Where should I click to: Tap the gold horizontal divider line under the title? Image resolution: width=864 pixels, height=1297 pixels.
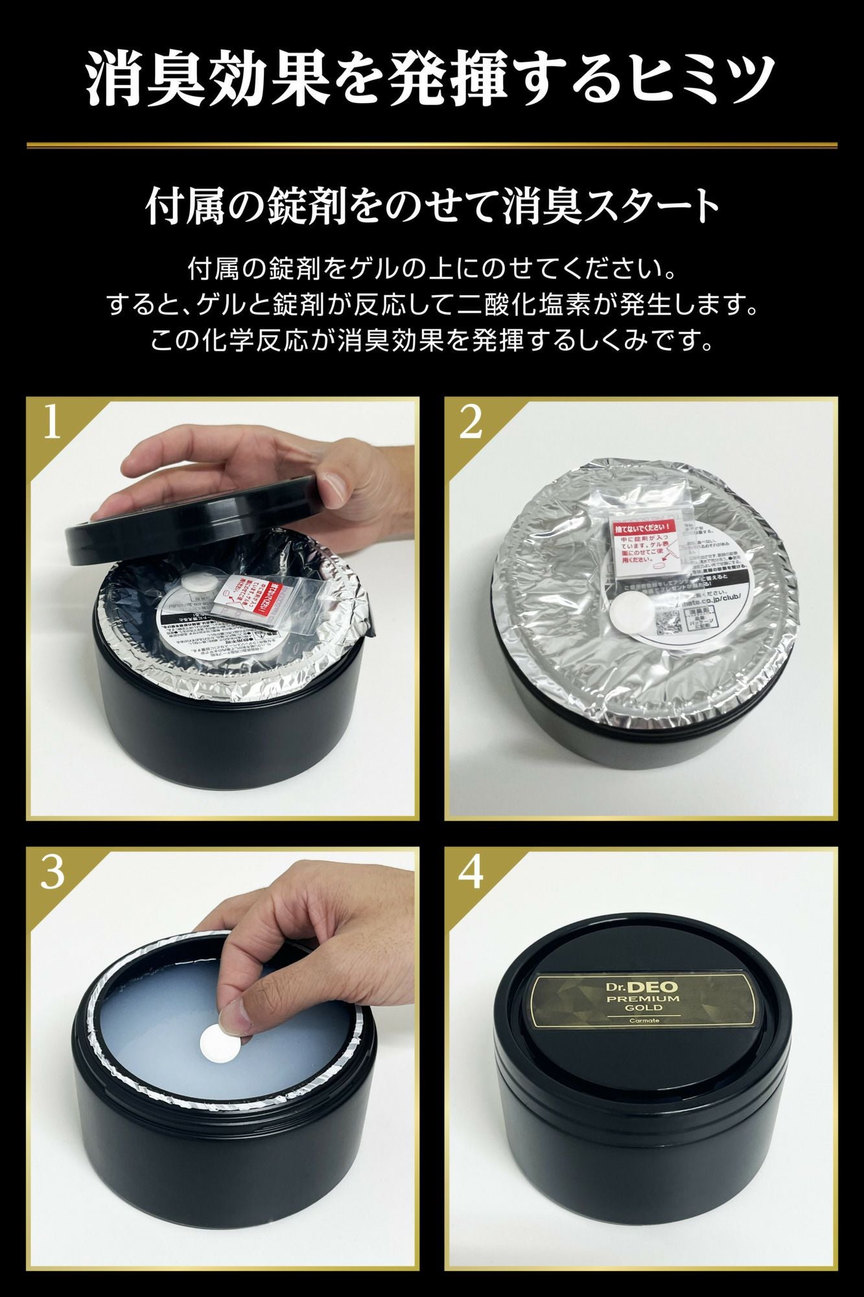pyautogui.click(x=432, y=145)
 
